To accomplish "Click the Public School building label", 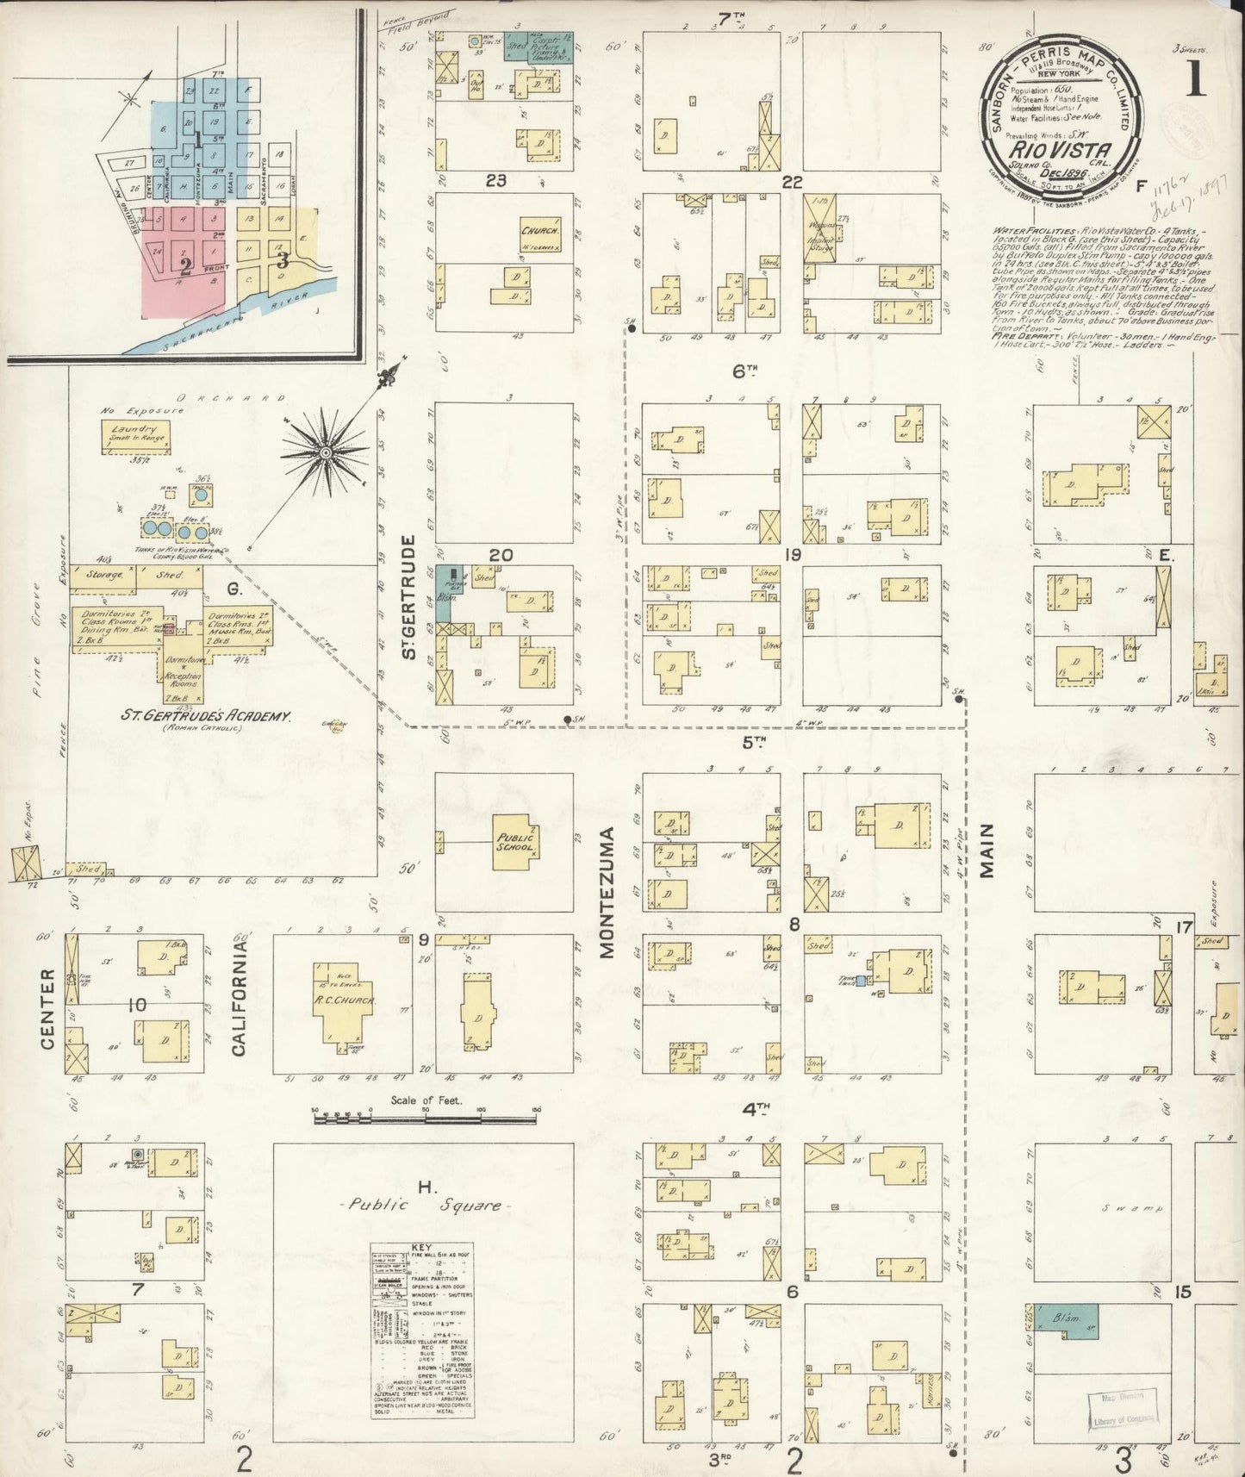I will pos(515,842).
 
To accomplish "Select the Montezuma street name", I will pos(607,893).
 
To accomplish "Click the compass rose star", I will pos(326,452).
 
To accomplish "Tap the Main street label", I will pos(987,851).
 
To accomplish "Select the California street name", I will pos(240,998).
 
